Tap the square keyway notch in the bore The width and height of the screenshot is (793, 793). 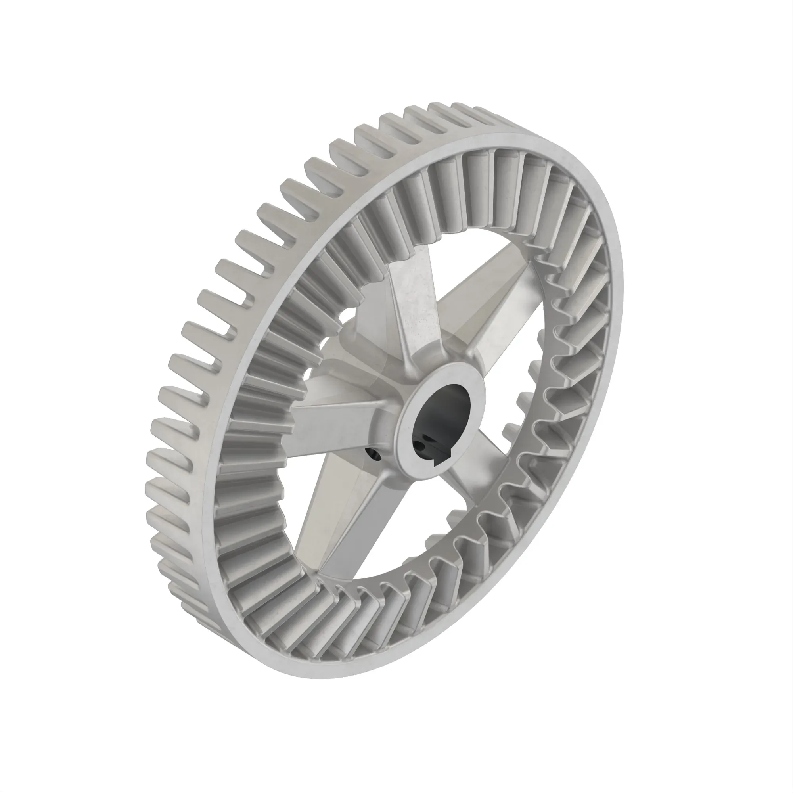point(445,452)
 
